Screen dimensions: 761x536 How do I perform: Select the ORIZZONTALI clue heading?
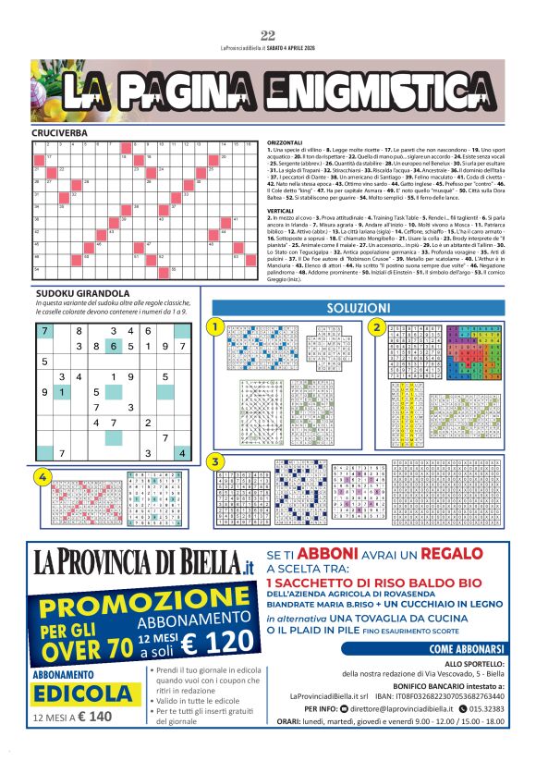(286, 142)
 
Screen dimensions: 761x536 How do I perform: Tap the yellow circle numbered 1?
(214, 327)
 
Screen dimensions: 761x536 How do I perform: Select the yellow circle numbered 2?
(376, 327)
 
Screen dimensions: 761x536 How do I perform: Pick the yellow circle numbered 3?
(214, 460)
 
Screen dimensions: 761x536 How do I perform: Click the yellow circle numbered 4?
(42, 476)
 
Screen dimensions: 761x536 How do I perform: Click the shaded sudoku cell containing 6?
(114, 346)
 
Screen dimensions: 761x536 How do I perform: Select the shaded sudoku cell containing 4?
(182, 453)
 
